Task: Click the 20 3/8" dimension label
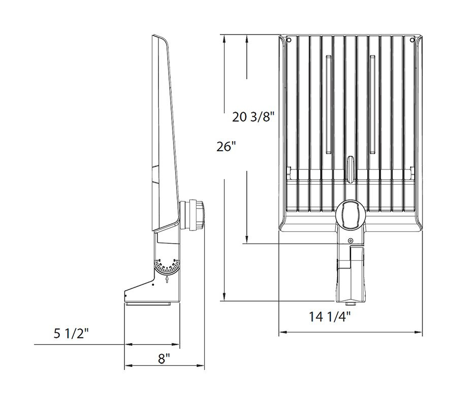253,117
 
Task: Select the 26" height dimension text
226,147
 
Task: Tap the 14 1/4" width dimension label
330,317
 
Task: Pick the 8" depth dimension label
164,359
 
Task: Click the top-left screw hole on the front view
288,40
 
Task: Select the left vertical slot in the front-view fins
328,104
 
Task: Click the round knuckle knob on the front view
350,214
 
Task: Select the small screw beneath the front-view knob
350,241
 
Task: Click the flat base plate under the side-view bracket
148,304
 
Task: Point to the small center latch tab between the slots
350,167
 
